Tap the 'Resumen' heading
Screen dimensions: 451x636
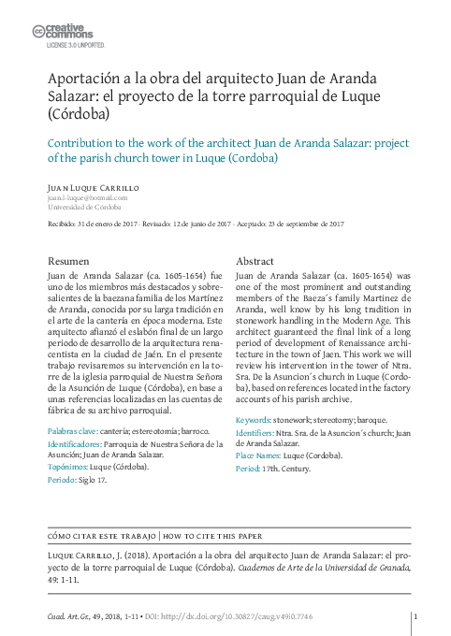click(68, 260)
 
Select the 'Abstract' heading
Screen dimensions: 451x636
click(255, 260)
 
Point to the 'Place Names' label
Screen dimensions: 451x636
click(261, 455)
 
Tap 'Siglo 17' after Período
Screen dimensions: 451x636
click(92, 478)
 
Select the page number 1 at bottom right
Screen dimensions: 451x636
click(414, 617)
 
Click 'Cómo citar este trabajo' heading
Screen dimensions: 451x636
click(101, 536)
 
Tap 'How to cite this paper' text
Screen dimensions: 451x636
click(212, 536)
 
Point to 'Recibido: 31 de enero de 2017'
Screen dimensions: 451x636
click(89, 224)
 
